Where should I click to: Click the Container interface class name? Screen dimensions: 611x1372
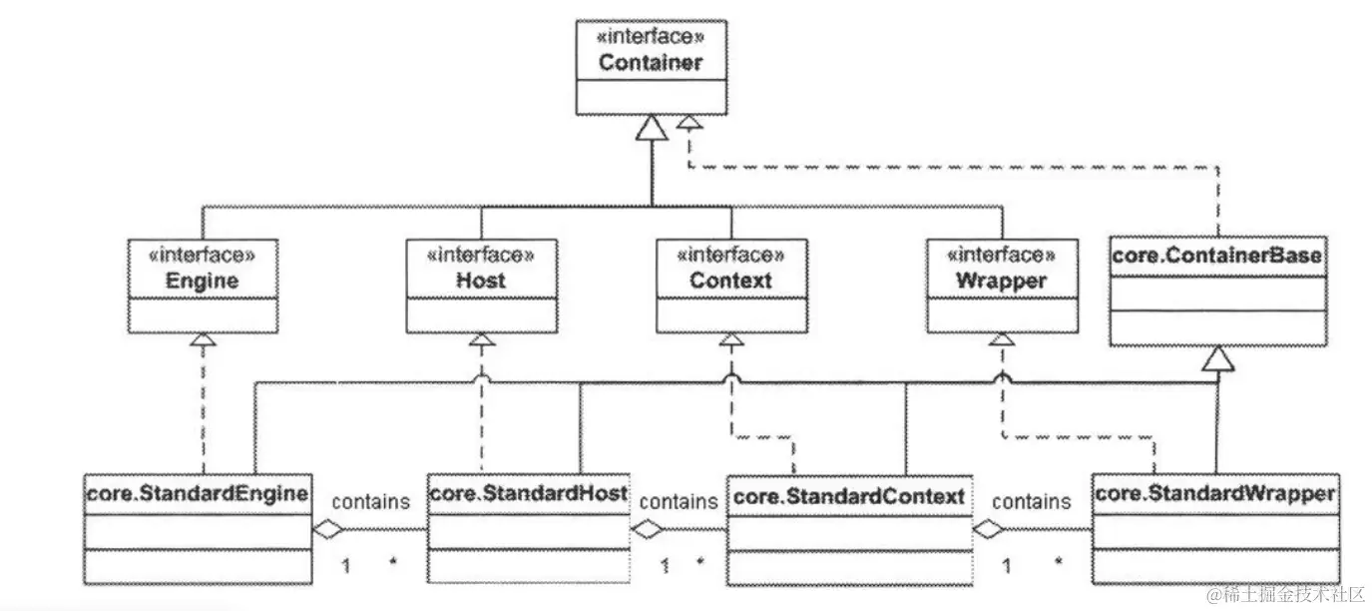(651, 62)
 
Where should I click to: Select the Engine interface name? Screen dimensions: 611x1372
(203, 281)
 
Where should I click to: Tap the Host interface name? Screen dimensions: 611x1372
(481, 281)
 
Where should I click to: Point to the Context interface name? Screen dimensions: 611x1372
(730, 281)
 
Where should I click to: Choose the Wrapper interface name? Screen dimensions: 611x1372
(1001, 281)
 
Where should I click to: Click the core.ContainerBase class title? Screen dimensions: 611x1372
(1216, 256)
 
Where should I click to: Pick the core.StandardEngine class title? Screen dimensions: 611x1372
(197, 493)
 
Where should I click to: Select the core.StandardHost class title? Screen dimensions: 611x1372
(528, 493)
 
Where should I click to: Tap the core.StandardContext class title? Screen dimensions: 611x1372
(848, 496)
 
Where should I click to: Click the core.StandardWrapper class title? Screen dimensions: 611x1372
(1214, 493)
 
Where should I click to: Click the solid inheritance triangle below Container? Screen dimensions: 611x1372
(652, 128)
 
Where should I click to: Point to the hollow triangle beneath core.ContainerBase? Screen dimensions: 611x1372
(1217, 359)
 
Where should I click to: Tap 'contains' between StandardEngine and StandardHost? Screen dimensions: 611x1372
(369, 501)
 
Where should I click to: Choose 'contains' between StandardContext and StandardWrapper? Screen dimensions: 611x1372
(1032, 501)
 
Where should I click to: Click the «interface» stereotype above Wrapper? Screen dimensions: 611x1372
(1001, 256)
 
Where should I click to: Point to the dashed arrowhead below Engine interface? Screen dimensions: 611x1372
(204, 341)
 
